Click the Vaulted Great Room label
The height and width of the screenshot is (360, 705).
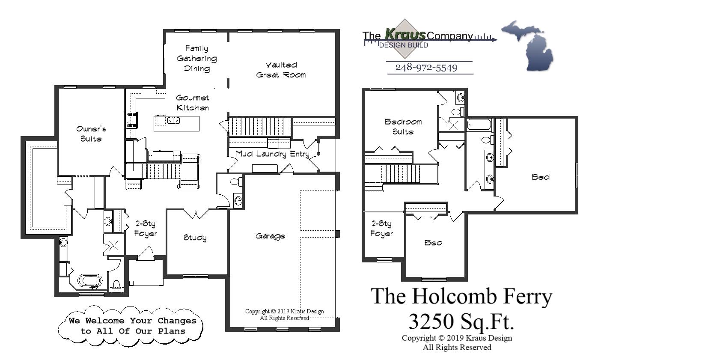pyautogui.click(x=281, y=70)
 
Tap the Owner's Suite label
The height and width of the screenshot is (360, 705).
pyautogui.click(x=91, y=134)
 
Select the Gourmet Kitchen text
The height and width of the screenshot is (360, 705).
pyautogui.click(x=193, y=103)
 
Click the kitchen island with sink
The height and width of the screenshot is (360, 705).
pyautogui.click(x=176, y=123)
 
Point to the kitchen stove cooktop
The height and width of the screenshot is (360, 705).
pyautogui.click(x=131, y=120)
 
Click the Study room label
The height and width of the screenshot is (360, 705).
pyautogui.click(x=195, y=238)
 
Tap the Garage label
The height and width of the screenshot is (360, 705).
pyautogui.click(x=270, y=236)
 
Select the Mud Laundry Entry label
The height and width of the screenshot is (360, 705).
pyautogui.click(x=272, y=154)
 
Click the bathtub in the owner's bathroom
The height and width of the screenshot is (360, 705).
pyautogui.click(x=90, y=281)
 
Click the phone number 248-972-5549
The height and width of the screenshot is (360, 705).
pyautogui.click(x=426, y=68)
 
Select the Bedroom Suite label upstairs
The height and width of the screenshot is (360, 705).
pyautogui.click(x=403, y=127)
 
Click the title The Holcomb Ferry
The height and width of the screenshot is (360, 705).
pyautogui.click(x=461, y=297)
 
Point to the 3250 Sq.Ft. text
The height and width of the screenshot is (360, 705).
pyautogui.click(x=461, y=321)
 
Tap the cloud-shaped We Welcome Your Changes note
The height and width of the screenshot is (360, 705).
pyautogui.click(x=131, y=326)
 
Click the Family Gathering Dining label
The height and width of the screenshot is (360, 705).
pyautogui.click(x=197, y=59)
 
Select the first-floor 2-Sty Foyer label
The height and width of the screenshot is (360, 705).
pyautogui.click(x=146, y=229)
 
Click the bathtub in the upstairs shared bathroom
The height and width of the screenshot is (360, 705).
pyautogui.click(x=479, y=125)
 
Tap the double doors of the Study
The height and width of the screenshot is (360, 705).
pyautogui.click(x=196, y=214)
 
